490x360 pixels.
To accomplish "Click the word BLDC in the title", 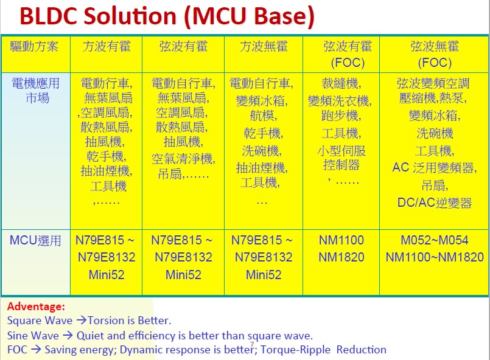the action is (x=49, y=16).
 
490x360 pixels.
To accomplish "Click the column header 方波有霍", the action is (x=107, y=47).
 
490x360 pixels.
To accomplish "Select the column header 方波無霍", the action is (x=264, y=47).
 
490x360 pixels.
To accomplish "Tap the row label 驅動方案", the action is (x=34, y=47).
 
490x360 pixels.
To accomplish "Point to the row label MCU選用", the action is (x=35, y=241).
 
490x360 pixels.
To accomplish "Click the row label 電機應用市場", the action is (x=36, y=91).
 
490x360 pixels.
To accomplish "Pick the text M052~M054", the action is (x=435, y=240).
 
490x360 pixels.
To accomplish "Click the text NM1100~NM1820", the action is (x=435, y=257).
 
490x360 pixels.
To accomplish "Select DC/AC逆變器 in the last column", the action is (x=435, y=203).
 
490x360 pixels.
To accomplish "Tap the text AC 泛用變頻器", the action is (x=435, y=168).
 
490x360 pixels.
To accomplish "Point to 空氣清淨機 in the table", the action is (x=182, y=159).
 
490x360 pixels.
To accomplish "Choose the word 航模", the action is (x=262, y=116).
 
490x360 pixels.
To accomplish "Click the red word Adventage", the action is (x=36, y=306).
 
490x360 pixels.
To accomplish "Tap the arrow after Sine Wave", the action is (x=68, y=336).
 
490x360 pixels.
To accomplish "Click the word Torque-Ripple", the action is (x=295, y=350).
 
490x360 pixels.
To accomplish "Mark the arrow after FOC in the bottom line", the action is (x=36, y=350).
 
